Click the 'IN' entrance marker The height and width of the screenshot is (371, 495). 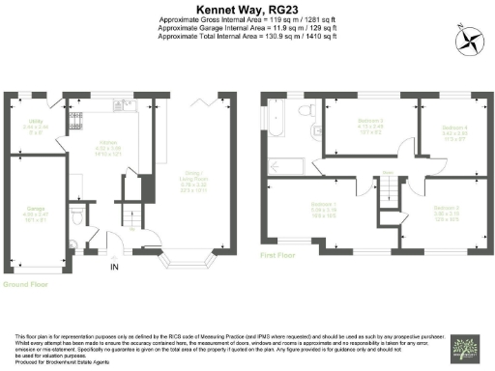(x=115, y=265)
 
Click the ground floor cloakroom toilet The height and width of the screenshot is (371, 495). (x=87, y=214)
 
